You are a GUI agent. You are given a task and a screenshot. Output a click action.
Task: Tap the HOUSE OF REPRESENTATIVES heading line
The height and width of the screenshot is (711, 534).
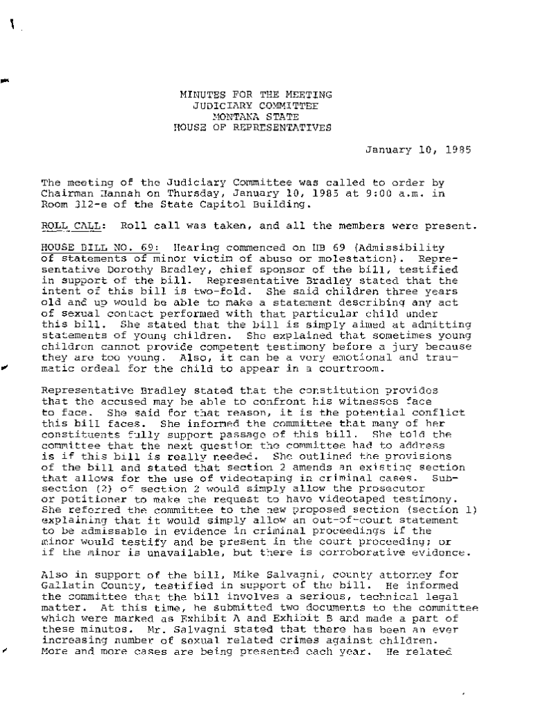[252, 127]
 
